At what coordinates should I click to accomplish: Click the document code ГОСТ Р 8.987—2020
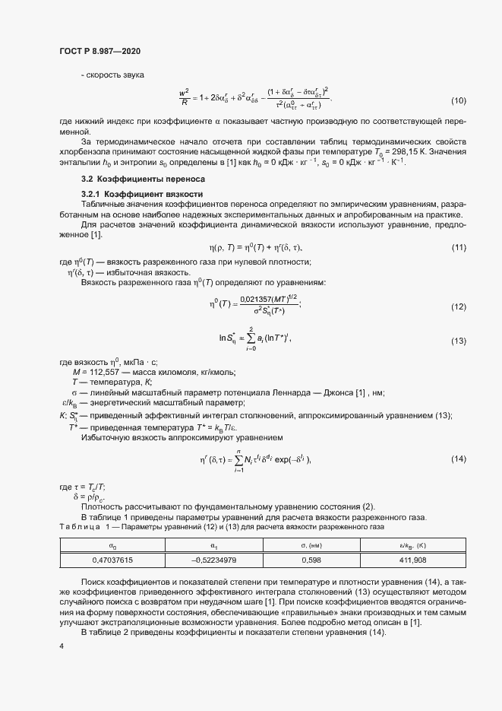(99, 51)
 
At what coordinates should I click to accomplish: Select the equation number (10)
(459, 101)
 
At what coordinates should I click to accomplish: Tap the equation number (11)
(459, 248)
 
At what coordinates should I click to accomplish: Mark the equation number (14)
(459, 459)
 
